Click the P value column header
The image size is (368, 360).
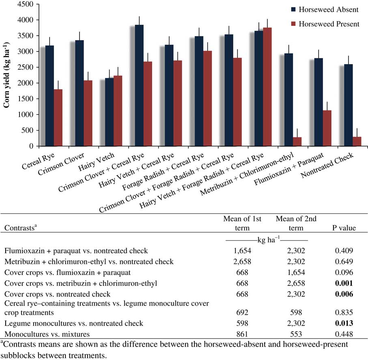coord(343,228)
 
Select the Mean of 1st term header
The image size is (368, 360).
coord(242,223)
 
